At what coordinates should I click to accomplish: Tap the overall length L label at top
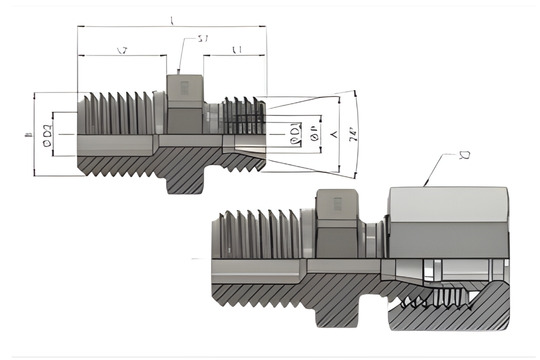(x=173, y=21)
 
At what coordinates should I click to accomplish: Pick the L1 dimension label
(x=236, y=50)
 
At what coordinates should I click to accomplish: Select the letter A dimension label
(x=331, y=132)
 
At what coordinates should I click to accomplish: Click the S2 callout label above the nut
(x=465, y=155)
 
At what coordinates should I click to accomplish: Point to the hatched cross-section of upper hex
(x=185, y=175)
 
